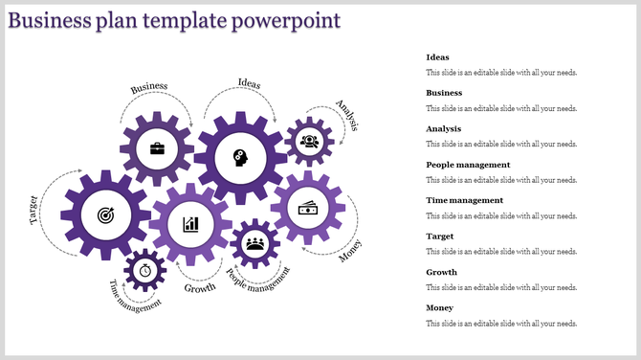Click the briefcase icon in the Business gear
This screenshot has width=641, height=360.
tap(156, 148)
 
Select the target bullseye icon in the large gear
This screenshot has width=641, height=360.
tap(104, 215)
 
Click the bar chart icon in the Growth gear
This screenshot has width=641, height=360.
tap(191, 224)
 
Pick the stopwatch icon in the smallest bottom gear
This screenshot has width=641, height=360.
tap(145, 270)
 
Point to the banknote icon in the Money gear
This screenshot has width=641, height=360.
tap(307, 208)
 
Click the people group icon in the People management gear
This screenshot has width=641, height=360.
tap(255, 243)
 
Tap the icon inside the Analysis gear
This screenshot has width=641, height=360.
tap(309, 142)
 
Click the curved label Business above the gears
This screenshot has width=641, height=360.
tap(149, 87)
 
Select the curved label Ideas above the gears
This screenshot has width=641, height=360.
tap(249, 82)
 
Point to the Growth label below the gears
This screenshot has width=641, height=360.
tap(200, 287)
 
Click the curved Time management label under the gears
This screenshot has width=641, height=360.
tap(134, 298)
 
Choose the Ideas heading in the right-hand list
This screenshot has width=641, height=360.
tap(437, 57)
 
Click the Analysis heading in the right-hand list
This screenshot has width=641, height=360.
tap(444, 128)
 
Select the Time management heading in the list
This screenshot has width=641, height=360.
tap(464, 200)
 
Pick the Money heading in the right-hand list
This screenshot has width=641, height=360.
tap(439, 307)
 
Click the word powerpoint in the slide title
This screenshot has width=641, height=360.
tap(286, 20)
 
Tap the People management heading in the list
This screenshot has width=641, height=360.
tap(468, 165)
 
